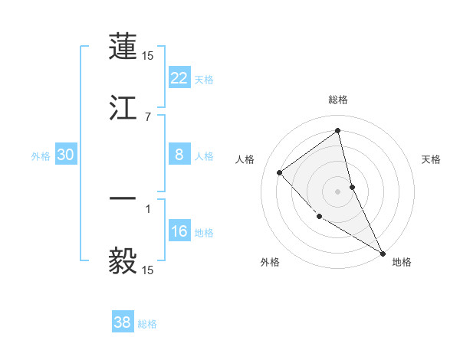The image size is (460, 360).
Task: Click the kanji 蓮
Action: [x=123, y=47]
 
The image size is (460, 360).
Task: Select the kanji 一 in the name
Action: [x=123, y=198]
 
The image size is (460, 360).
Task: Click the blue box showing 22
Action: [x=179, y=78]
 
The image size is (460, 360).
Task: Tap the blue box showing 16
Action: [x=179, y=232]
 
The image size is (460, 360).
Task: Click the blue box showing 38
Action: [x=123, y=322]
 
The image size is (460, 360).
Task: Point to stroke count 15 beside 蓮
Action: [x=148, y=56]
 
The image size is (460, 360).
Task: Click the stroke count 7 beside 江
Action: [x=148, y=116]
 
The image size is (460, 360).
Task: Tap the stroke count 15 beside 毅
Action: [x=148, y=270]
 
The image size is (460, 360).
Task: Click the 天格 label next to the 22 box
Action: [x=204, y=79]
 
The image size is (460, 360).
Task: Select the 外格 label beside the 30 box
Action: [x=41, y=156]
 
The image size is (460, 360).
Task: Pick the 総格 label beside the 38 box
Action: [x=147, y=324]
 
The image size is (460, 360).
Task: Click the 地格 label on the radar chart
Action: [x=402, y=263]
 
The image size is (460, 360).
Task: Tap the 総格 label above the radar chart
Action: [x=338, y=100]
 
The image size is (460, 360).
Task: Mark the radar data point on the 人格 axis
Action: [x=280, y=172]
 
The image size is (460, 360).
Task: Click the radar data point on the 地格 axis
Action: [x=383, y=252]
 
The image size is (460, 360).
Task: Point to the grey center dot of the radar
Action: [x=338, y=191]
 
